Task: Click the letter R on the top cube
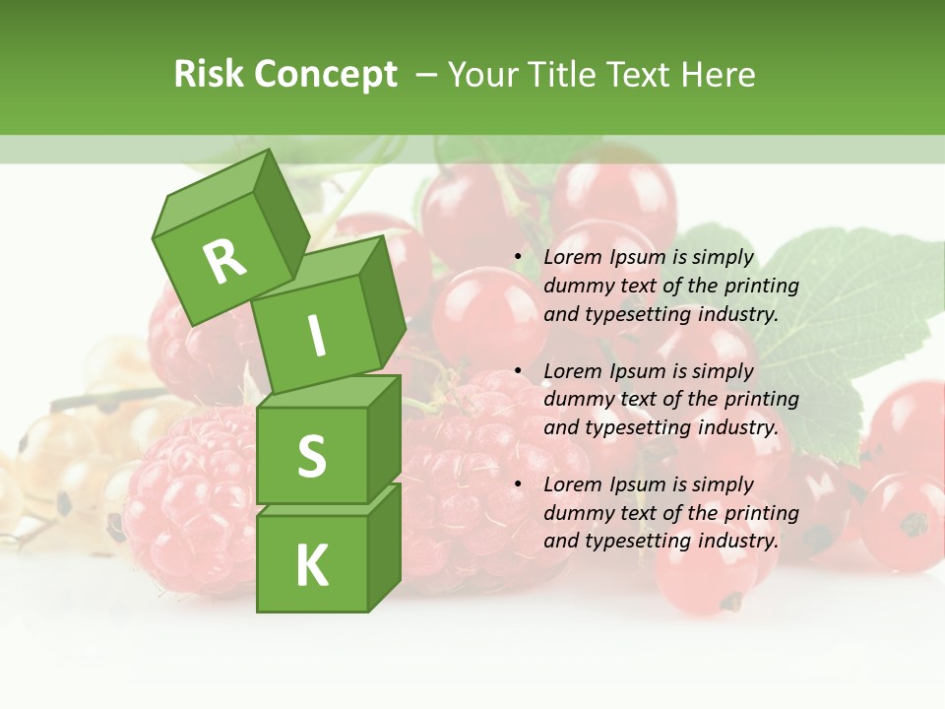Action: point(224,261)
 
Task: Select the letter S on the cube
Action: point(311,457)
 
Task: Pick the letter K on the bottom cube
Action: point(311,565)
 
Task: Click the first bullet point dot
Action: point(518,257)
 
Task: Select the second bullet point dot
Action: point(518,371)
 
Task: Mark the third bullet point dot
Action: point(518,484)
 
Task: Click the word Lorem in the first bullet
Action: point(573,257)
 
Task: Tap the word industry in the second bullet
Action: point(738,427)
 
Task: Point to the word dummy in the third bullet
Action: point(575,512)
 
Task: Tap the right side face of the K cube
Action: point(384,547)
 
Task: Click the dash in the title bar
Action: point(426,74)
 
